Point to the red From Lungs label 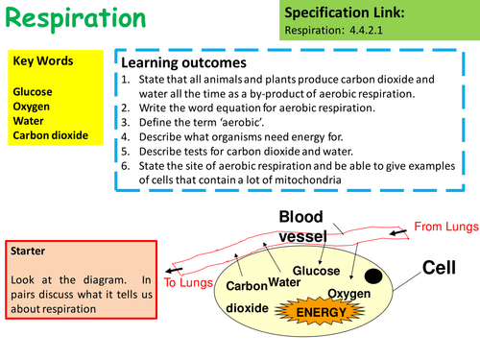[444, 227]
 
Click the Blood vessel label [306, 226]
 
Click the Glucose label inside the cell [316, 272]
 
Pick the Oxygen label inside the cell [348, 293]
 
